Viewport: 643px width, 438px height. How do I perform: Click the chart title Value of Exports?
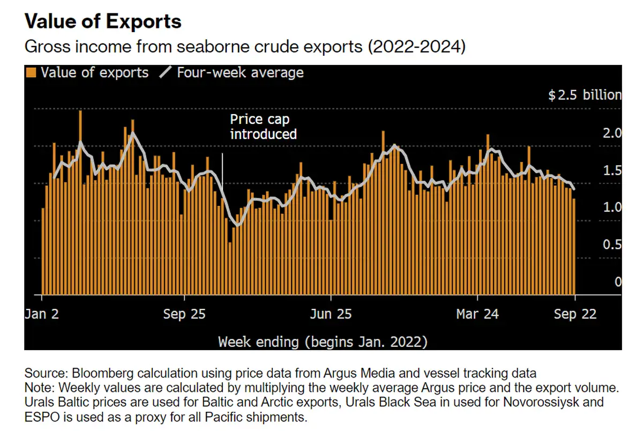(x=103, y=21)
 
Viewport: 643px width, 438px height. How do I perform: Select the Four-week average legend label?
(x=240, y=72)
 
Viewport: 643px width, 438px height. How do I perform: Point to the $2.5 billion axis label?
(x=584, y=95)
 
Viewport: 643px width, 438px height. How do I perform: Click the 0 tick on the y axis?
(x=618, y=282)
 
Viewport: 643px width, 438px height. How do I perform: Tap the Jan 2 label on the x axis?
(x=41, y=314)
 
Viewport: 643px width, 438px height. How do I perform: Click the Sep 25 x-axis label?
(x=184, y=314)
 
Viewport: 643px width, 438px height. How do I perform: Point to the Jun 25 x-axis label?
(x=331, y=314)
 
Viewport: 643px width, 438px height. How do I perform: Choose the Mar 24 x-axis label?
(x=477, y=314)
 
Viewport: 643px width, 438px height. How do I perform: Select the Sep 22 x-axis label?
(x=575, y=314)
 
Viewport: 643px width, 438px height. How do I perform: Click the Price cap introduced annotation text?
(x=263, y=127)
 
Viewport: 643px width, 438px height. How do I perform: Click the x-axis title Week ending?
(x=323, y=342)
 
